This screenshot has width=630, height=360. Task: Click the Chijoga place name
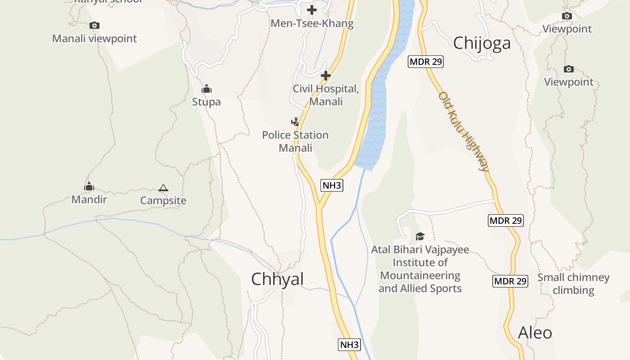[x=482, y=43]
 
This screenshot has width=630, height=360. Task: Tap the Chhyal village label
[x=277, y=279]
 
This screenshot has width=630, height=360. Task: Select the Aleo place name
[x=535, y=333]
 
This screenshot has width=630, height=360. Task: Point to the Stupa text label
[x=207, y=102]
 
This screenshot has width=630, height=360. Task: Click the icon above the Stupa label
[x=207, y=89]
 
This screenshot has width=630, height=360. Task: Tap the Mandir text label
[x=89, y=199]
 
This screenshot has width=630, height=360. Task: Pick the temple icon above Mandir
[x=89, y=186]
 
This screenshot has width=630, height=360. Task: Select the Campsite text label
[x=163, y=200]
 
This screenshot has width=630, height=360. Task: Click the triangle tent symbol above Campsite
[x=163, y=188]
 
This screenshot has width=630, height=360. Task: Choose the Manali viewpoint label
[x=94, y=38]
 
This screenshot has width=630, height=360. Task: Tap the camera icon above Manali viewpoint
[x=94, y=25]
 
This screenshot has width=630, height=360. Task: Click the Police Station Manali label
[x=295, y=141]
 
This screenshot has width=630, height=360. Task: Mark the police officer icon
[x=295, y=121]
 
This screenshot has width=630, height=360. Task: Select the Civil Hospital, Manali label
[x=326, y=95]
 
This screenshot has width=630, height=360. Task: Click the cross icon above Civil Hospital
[x=326, y=76]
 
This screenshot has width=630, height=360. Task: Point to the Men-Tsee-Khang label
[x=312, y=23]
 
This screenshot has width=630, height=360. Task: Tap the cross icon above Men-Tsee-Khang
[x=312, y=9]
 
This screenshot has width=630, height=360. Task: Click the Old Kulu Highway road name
[x=463, y=131]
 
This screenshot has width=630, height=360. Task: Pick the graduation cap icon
[x=420, y=236]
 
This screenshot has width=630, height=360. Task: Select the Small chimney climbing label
[x=573, y=283]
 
